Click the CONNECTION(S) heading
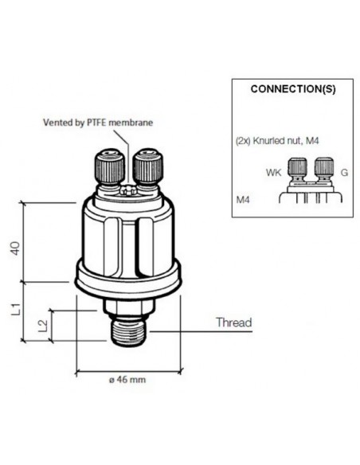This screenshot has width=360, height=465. pyautogui.click(x=292, y=89)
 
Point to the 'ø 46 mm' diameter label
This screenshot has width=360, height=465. pyautogui.click(x=127, y=380)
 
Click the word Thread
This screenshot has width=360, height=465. pyautogui.click(x=234, y=323)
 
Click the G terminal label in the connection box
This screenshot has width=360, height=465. pyautogui.click(x=343, y=172)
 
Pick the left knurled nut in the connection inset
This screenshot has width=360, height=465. pyautogui.click(x=299, y=170)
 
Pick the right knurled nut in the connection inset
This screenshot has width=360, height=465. pyautogui.click(x=323, y=170)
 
